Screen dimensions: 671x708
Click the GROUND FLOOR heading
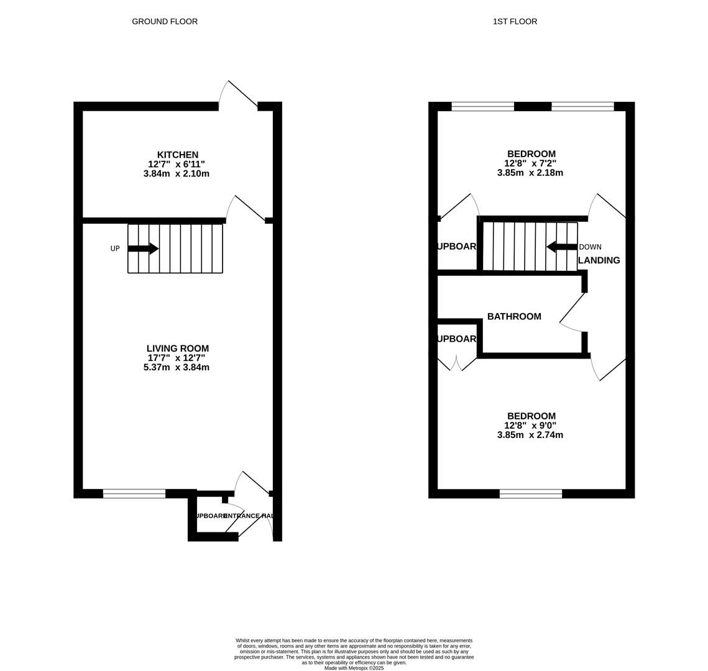pos(165,22)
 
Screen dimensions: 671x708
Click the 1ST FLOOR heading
pos(515,22)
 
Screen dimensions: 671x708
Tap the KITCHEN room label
pos(177,155)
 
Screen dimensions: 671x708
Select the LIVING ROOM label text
pos(177,349)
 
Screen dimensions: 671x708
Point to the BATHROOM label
pos(514,317)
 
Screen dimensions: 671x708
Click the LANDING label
pos(599,260)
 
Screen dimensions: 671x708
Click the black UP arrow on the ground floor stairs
pos(143,249)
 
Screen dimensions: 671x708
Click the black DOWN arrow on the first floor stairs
pos(562,247)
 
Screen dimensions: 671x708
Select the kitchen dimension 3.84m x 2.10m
pos(177,174)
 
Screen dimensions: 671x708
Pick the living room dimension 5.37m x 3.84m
pos(177,367)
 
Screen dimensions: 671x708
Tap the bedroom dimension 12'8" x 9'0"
pos(530,426)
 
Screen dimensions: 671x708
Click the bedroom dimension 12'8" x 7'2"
pos(530,163)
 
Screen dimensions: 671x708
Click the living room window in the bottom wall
pos(134,494)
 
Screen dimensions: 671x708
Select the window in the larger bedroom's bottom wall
pos(531,494)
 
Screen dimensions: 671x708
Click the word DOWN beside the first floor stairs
pos(590,247)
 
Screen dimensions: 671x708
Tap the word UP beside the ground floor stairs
pos(115,249)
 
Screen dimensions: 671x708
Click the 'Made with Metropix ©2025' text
pos(354,668)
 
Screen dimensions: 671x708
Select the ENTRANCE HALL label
pos(249,516)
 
